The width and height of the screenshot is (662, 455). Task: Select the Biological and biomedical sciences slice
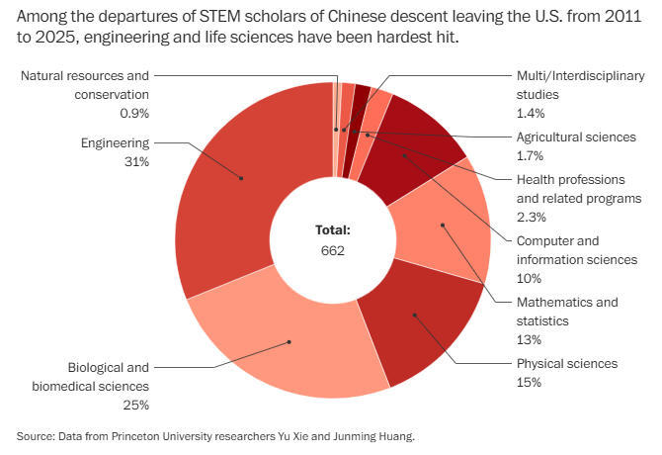[x=289, y=341]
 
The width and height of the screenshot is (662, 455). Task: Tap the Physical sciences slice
[x=415, y=317]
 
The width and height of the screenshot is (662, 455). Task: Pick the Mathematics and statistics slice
[x=443, y=226]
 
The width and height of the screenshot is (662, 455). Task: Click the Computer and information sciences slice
[x=405, y=154]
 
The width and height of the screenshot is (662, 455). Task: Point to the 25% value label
[x=135, y=405]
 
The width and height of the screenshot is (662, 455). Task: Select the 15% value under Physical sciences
[x=530, y=382]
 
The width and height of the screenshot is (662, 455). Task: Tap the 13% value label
[x=530, y=339]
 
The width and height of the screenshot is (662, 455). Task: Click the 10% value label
[x=530, y=278]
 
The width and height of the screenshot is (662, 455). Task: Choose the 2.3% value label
[x=532, y=217]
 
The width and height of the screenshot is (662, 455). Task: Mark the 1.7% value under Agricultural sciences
[x=532, y=155]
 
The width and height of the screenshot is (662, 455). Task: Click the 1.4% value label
[x=532, y=114]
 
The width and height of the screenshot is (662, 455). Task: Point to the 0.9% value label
[x=134, y=114]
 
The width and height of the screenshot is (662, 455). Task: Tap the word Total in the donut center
[x=333, y=229]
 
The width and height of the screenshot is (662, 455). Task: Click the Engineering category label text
[x=114, y=142]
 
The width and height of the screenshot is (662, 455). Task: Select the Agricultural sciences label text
[x=576, y=136]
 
